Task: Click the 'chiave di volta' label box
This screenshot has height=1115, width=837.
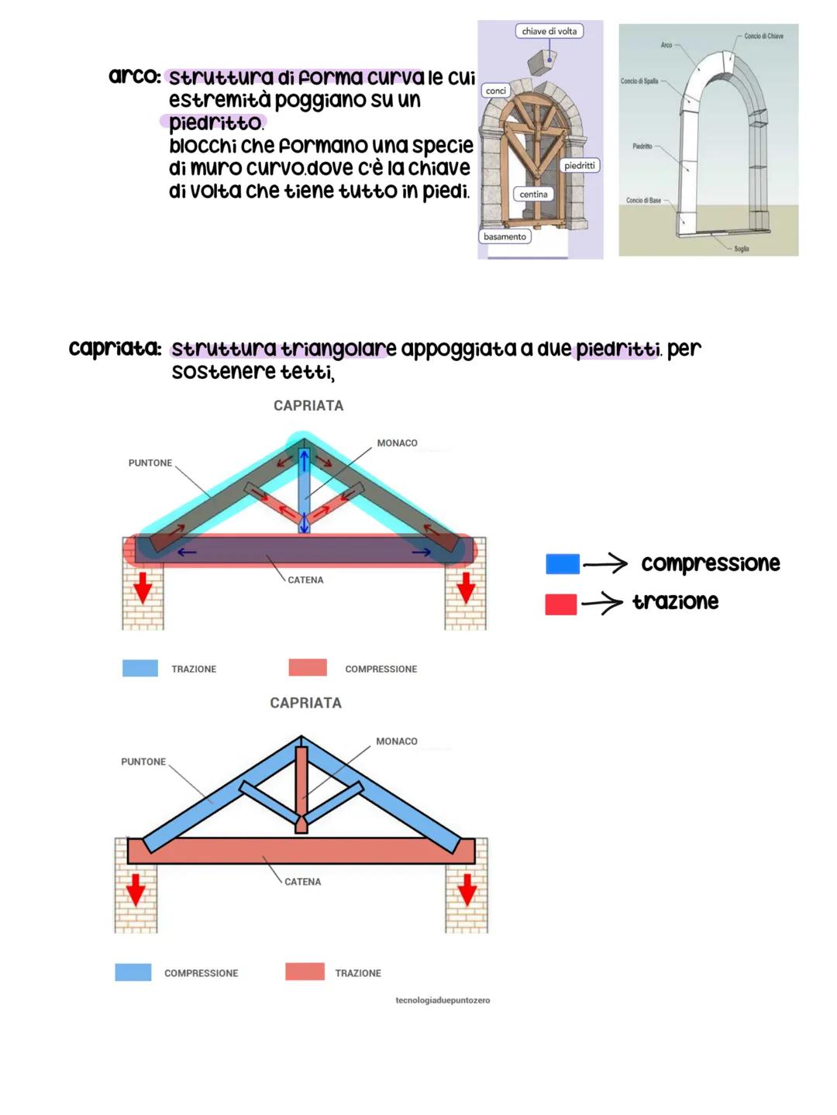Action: (549, 31)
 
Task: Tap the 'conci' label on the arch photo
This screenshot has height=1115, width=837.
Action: (496, 91)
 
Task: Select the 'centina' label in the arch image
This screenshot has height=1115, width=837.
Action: (533, 194)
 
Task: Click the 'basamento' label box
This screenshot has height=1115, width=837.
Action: (505, 236)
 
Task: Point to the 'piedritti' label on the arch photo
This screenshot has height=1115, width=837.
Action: (579, 166)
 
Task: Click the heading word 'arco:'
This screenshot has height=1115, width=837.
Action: (135, 77)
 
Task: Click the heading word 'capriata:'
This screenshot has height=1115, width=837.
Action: (115, 349)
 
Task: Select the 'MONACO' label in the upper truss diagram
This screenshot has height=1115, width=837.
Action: (397, 443)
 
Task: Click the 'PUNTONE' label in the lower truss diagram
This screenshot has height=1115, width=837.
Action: (143, 762)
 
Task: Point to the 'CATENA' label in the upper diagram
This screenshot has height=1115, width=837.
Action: (305, 580)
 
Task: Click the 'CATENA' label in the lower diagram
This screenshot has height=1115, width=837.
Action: (302, 882)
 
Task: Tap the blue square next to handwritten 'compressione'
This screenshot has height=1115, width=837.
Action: (562, 564)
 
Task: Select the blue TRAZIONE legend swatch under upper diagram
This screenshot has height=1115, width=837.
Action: (140, 668)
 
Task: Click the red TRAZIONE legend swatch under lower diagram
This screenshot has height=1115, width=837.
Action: (305, 972)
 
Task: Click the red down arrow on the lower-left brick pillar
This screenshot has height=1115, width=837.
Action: (136, 889)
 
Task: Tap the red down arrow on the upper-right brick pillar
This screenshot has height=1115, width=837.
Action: (465, 587)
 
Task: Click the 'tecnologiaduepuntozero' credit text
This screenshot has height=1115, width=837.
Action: (443, 1000)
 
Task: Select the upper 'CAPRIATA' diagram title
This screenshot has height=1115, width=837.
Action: (308, 405)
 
